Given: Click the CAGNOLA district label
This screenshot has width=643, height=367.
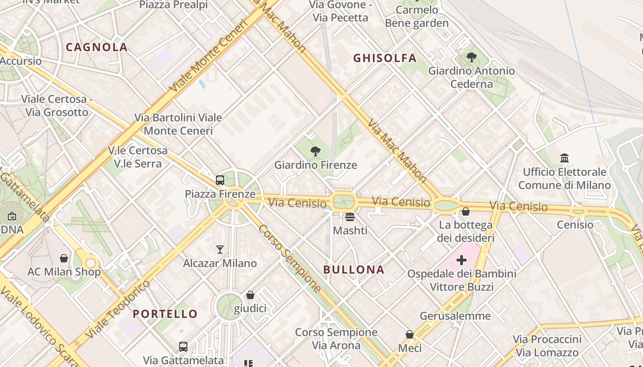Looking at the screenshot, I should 96,47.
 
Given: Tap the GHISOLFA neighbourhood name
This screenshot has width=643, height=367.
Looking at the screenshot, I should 385,58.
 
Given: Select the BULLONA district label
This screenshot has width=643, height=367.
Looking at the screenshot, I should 354,269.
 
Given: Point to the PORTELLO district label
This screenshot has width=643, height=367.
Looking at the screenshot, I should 165,314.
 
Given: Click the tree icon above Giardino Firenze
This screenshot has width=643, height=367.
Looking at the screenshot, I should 316,151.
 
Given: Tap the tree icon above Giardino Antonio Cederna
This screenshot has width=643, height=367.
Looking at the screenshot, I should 471,57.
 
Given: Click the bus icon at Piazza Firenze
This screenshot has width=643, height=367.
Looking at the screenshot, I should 220,180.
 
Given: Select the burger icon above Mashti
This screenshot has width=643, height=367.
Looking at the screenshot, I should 350,217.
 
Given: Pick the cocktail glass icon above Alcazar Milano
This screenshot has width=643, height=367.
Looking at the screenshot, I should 220,250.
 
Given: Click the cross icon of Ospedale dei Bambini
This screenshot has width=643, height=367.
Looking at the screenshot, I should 462,261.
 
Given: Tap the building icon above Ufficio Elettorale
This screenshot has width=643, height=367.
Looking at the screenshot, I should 564,158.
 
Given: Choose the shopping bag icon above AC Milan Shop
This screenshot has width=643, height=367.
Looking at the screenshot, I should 64,258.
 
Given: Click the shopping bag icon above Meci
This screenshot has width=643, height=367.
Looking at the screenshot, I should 410,335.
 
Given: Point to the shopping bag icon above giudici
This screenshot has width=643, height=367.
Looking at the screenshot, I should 250,295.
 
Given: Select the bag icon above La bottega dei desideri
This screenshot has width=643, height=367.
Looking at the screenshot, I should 466,211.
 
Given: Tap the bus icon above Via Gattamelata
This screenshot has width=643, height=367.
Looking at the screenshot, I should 183,346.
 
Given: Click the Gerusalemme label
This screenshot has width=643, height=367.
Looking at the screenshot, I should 455,316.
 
